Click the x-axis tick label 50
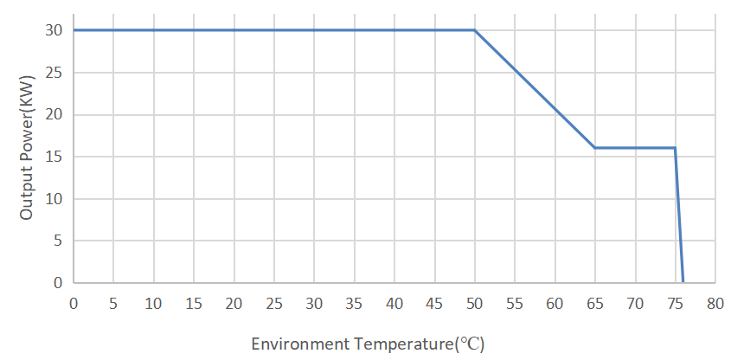coord(475,304)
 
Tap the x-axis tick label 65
coord(595,304)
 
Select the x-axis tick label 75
coord(676,304)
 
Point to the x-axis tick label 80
coord(715,304)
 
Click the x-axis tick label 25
coord(274,304)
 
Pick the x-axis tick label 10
coord(154,304)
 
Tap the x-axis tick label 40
coord(394,304)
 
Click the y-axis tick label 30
coord(54,30)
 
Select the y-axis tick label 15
coord(54,157)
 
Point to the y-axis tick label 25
coord(54,73)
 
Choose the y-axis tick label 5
coord(58,241)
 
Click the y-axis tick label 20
coord(54,114)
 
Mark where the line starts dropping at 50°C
coord(475,30)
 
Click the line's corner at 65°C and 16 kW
coord(595,148)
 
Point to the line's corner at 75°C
coord(675,148)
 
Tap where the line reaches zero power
coord(683,282)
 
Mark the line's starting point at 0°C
coord(74,30)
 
